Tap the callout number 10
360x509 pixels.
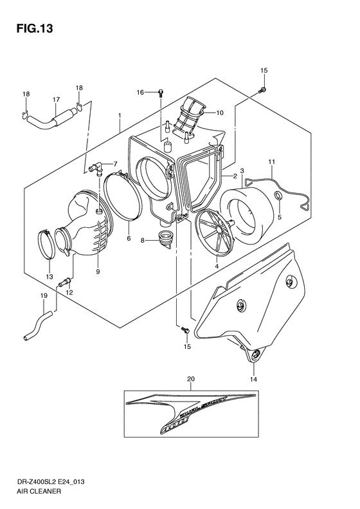point(219,113)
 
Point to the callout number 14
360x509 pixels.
point(253,380)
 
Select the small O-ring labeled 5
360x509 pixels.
point(277,196)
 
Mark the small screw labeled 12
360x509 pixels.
point(66,281)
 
